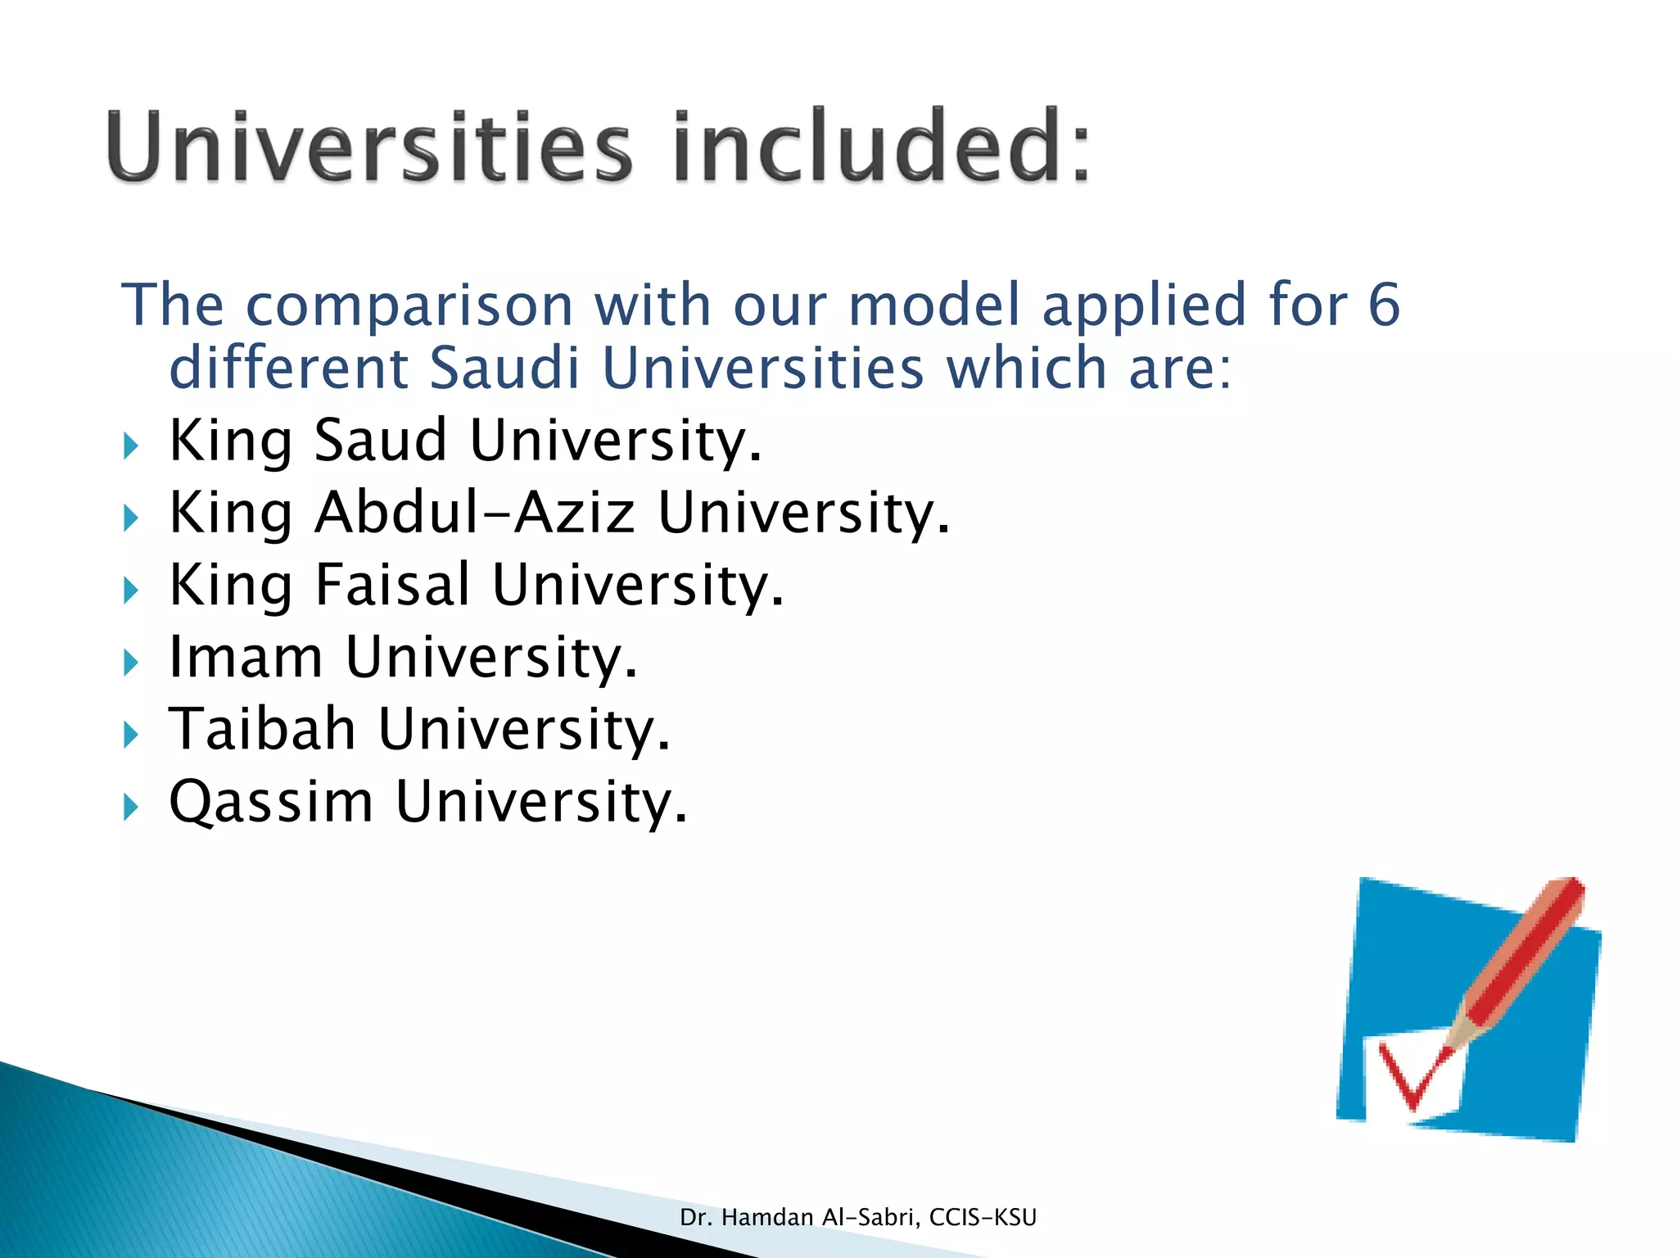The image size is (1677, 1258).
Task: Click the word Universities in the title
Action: (x=368, y=147)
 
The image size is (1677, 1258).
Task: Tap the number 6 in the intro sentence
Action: (x=1384, y=305)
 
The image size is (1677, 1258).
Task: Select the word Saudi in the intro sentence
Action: (x=504, y=368)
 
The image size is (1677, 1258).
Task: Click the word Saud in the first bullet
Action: (x=381, y=440)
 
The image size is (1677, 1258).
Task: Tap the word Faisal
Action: (x=392, y=585)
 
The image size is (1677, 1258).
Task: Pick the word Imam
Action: (x=246, y=657)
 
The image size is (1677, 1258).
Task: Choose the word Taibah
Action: (x=262, y=729)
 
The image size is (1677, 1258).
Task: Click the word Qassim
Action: (x=270, y=803)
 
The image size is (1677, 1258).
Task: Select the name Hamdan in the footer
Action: (x=767, y=1218)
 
